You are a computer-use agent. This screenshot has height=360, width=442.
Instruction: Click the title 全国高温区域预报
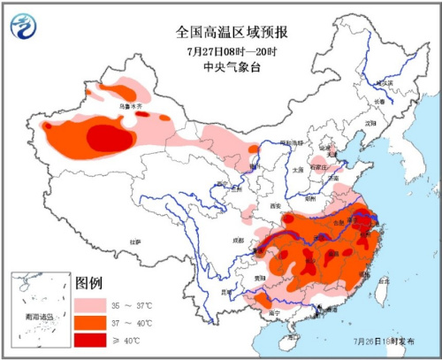pyautogui.click(x=232, y=33)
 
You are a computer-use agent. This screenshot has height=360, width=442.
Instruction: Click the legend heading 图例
pyautogui.click(x=90, y=283)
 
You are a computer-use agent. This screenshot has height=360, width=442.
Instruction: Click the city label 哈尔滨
pyautogui.click(x=382, y=83)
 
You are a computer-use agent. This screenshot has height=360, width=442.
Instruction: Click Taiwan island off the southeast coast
pyautogui.click(x=384, y=292)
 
